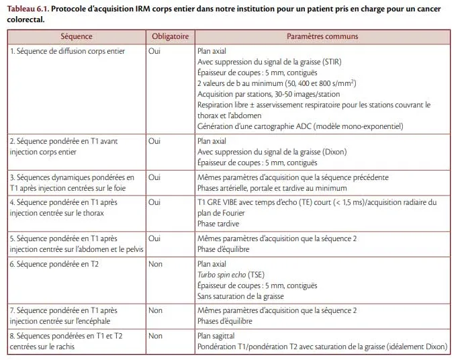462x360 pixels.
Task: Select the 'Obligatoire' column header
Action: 170,36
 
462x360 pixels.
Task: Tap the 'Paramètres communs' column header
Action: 322,36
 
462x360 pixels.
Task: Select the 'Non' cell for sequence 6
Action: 155,264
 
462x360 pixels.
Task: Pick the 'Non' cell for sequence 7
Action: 155,310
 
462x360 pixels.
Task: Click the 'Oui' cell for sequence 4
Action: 154,201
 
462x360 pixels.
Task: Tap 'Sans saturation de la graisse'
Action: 240,296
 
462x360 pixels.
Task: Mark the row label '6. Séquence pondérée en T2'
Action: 54,264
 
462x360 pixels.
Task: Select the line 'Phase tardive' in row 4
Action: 218,224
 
